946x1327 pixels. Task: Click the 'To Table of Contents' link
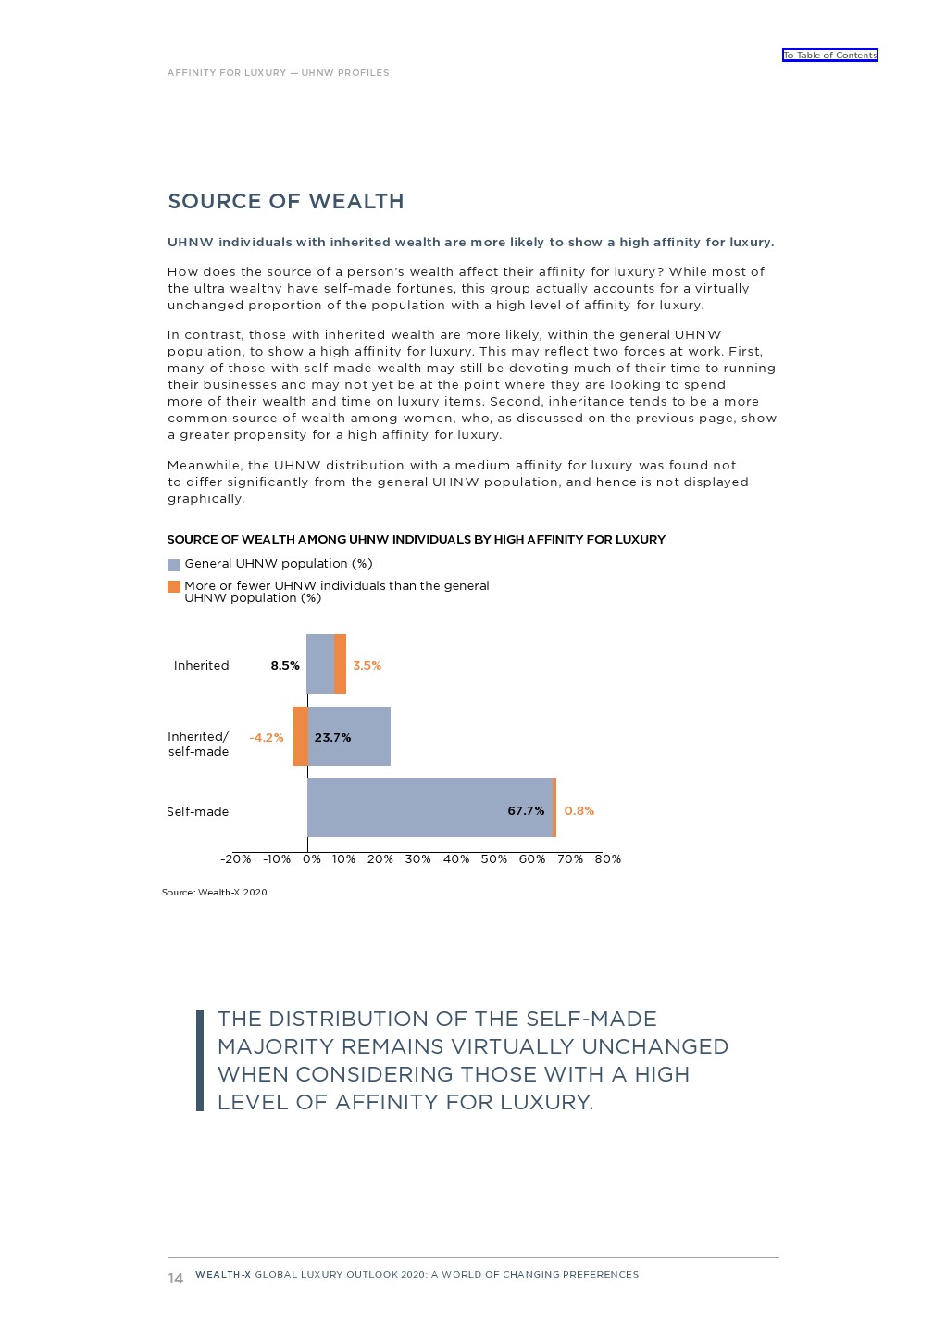[829, 56]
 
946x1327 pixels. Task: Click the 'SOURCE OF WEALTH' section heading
[285, 202]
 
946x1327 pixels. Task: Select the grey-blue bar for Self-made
[429, 807]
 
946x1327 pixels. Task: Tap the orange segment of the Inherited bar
[340, 664]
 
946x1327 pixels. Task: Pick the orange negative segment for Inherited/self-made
[300, 736]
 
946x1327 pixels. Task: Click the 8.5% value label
[285, 665]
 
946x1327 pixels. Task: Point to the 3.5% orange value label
[367, 665]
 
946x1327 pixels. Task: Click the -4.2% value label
[267, 737]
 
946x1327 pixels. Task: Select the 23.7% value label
[332, 737]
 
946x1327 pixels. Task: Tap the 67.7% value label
[526, 810]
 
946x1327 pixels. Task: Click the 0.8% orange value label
[579, 810]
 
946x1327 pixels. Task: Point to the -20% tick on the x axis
[236, 858]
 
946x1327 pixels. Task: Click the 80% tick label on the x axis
[608, 858]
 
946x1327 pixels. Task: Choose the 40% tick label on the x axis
[456, 858]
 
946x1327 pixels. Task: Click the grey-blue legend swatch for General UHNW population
[174, 565]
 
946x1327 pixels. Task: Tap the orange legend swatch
[174, 586]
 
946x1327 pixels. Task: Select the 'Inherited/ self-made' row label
[198, 744]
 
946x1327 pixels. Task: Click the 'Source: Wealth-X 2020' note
[215, 892]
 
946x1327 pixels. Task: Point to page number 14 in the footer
[176, 1278]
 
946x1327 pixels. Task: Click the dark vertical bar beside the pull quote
[200, 1060]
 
